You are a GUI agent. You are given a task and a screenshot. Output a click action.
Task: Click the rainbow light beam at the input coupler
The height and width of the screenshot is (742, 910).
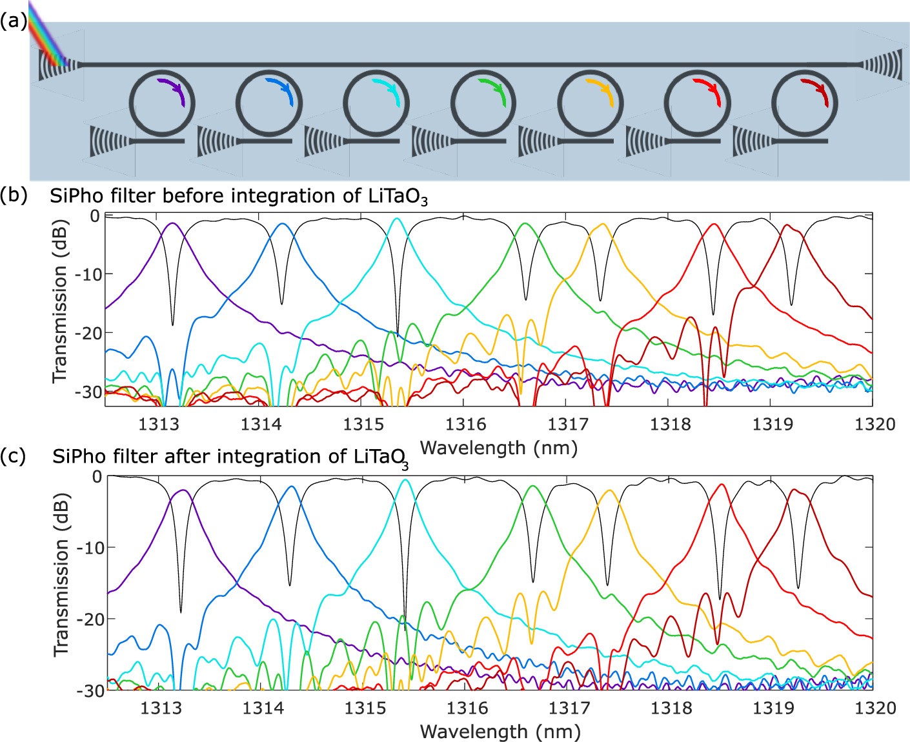tap(48, 39)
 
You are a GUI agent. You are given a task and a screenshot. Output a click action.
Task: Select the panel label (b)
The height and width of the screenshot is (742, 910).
tap(13, 196)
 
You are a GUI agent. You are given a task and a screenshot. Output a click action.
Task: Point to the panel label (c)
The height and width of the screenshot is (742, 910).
tap(13, 456)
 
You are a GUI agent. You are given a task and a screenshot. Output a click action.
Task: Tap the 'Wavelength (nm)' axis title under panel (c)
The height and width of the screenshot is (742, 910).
tap(500, 731)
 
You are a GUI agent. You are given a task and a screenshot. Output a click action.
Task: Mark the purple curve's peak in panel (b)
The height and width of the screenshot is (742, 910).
tap(172, 223)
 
